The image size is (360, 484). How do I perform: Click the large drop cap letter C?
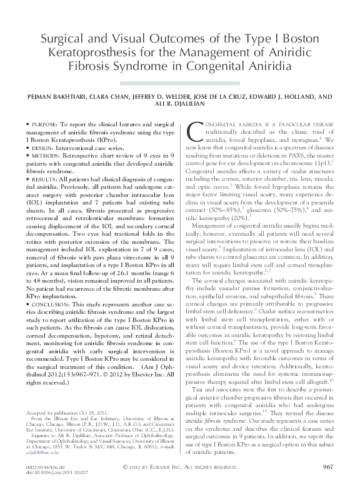pos(195,131)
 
